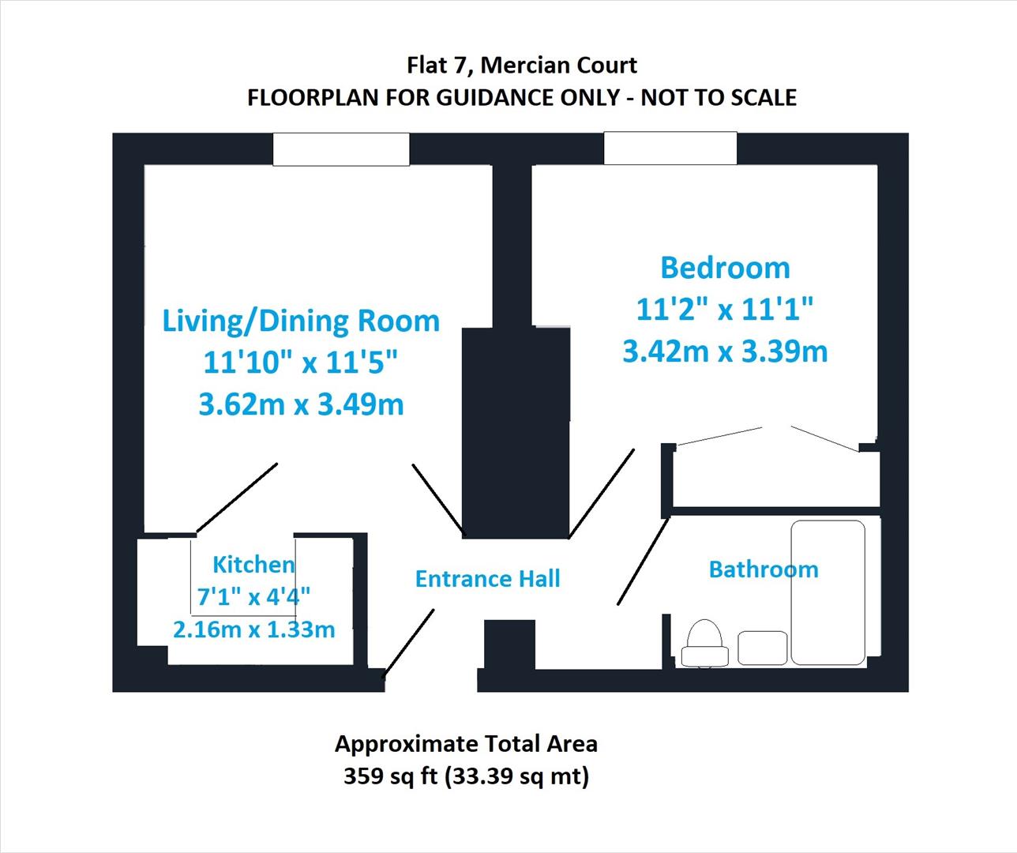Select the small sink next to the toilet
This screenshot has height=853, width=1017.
pos(763,648)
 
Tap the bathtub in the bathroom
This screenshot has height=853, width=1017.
pos(827,592)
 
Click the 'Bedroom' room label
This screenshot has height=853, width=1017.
pos(725,268)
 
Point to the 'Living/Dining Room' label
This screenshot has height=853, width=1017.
pos(301,321)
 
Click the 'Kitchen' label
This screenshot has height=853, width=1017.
pos(253,564)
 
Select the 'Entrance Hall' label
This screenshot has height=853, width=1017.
pos(487,579)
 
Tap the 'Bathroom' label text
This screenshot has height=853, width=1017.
pos(763,569)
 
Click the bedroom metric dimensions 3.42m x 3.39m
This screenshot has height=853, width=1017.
pos(725,351)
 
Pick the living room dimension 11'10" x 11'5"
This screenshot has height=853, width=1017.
pos(301,363)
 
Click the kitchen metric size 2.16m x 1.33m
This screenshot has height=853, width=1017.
pos(253,629)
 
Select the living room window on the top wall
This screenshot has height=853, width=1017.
pos(341,149)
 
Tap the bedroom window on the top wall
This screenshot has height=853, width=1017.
pos(670,148)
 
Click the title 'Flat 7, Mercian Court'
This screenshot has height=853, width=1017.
pos(521,65)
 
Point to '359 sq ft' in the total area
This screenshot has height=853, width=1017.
pos(390,776)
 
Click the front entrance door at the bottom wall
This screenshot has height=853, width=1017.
pos(409,643)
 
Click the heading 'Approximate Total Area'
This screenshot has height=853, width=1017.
pos(466,743)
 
